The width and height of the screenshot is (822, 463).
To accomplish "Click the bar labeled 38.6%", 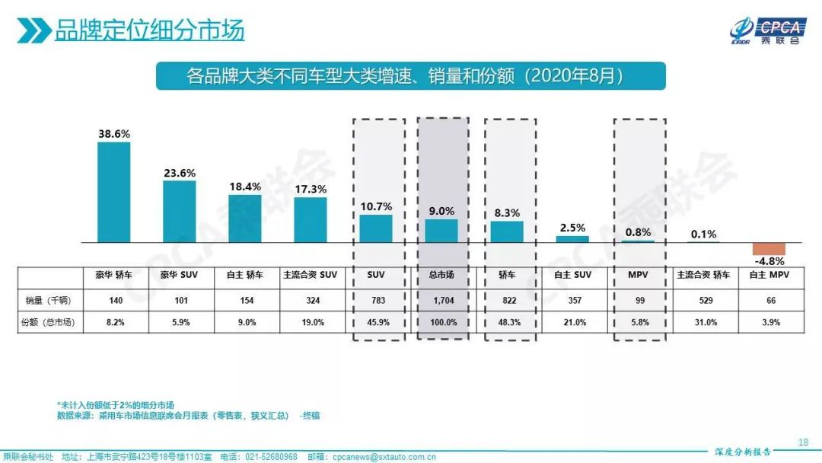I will tap(113, 192).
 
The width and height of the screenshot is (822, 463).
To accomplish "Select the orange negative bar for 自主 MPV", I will tap(768, 249).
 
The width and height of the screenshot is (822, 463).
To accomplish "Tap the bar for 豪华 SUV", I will tap(180, 211).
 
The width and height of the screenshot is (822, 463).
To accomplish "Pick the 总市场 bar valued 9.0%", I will tap(441, 231).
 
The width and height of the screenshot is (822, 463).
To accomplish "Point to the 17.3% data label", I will tap(310, 188).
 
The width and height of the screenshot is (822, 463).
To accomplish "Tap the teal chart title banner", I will tap(410, 76).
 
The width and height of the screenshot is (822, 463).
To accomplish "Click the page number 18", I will tap(803, 442).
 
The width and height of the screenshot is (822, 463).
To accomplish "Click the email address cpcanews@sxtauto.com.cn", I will tap(390, 457).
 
